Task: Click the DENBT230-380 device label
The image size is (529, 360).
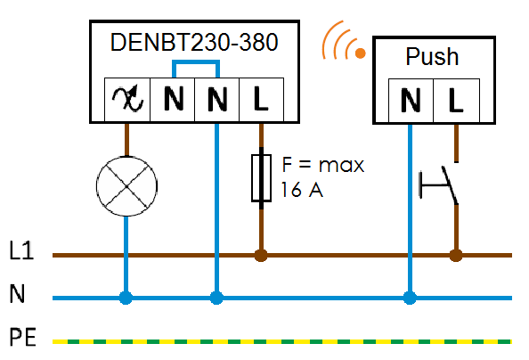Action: (194, 43)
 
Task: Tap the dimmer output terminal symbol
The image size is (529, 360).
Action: (127, 99)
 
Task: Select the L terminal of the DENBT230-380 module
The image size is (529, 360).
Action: (261, 99)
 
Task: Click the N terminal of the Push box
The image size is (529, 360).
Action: (411, 101)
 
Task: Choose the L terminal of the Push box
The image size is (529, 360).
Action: (456, 101)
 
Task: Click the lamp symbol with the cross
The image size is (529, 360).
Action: (126, 186)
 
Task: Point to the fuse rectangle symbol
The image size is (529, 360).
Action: (261, 178)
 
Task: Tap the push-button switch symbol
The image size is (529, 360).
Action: (438, 185)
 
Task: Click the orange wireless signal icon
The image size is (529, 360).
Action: (344, 41)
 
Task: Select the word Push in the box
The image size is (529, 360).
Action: (432, 56)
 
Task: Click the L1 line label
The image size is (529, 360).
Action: (21, 250)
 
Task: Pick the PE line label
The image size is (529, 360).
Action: (22, 337)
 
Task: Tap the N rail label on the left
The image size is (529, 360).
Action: (17, 294)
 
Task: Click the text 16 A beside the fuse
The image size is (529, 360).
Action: (302, 190)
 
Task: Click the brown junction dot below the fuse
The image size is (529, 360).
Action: (261, 256)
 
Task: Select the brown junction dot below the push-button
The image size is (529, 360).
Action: (456, 256)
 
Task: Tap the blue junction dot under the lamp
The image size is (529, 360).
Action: (126, 299)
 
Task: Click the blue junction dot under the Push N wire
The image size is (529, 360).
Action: (410, 299)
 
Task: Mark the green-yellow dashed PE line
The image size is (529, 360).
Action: (282, 342)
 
